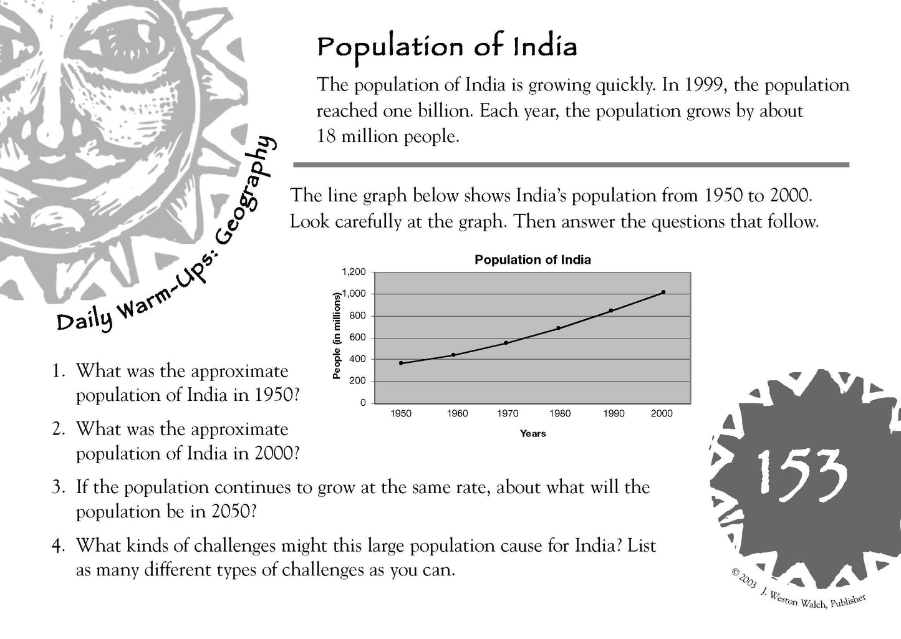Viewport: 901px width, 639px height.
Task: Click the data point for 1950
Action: click(401, 363)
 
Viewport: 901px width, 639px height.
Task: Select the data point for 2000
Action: click(663, 292)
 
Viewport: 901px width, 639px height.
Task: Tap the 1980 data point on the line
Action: click(558, 328)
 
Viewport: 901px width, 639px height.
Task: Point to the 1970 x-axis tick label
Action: click(507, 413)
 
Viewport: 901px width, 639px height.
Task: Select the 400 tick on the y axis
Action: click(358, 359)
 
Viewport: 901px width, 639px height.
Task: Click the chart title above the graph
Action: click(532, 260)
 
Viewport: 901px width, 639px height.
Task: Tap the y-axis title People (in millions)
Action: click(337, 335)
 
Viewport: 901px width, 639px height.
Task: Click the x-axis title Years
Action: click(532, 433)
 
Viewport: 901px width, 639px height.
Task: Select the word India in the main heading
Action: click(545, 47)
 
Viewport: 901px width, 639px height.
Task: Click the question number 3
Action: click(58, 487)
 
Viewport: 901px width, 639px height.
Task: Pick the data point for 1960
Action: click(453, 355)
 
